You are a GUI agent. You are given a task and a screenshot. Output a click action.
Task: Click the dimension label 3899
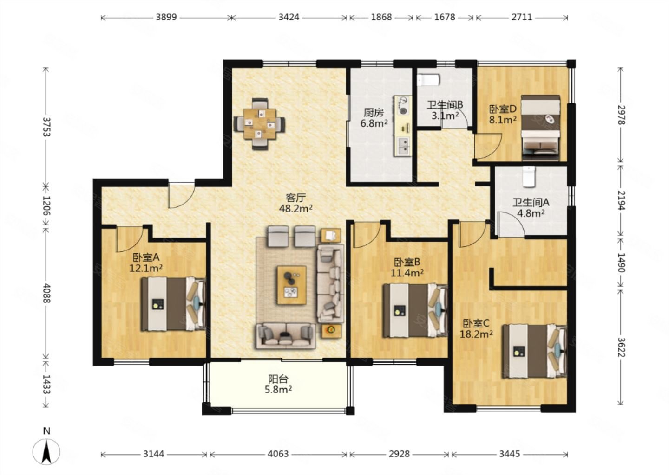click(166, 17)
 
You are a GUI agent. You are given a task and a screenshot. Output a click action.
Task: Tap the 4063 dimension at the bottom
click(278, 454)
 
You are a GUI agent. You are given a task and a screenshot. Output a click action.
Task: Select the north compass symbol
click(46, 448)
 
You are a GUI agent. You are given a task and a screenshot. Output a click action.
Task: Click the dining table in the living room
click(259, 124)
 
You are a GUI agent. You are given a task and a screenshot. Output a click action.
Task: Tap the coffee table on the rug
click(291, 285)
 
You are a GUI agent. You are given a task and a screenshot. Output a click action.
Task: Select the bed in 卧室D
click(540, 128)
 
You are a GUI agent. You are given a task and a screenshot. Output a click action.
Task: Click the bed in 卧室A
click(173, 304)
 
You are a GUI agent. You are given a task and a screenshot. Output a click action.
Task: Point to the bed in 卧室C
click(535, 351)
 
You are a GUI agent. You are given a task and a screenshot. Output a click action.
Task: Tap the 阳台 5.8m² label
click(278, 385)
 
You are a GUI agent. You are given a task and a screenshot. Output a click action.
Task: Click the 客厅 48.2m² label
click(295, 203)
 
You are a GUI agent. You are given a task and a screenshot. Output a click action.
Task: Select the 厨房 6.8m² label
click(374, 118)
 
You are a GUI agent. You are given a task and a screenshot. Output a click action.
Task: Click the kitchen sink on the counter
click(403, 146)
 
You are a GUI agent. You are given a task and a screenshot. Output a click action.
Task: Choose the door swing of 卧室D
click(487, 147)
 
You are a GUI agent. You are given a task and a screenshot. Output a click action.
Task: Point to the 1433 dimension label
click(46, 384)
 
